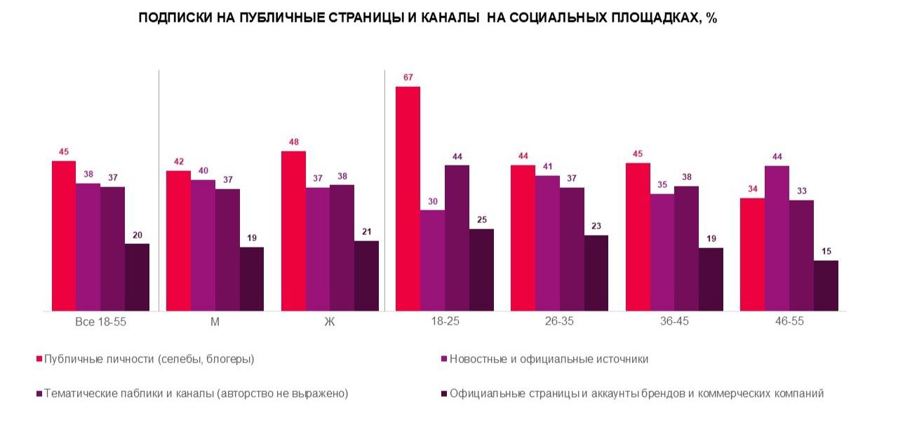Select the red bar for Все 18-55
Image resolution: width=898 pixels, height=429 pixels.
(64, 236)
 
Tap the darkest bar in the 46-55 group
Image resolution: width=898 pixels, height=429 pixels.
(826, 285)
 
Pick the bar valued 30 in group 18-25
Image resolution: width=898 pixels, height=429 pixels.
(432, 260)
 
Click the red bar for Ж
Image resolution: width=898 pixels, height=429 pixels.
(293, 231)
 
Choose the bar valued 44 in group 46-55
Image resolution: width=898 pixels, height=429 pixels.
(777, 238)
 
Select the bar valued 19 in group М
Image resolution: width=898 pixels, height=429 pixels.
(252, 278)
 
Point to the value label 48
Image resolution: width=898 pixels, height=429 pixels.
(293, 142)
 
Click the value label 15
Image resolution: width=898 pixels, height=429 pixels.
(826, 251)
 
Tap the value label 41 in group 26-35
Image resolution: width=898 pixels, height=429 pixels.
(547, 166)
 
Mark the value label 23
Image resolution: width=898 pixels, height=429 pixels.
(596, 226)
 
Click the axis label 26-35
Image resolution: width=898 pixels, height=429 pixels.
(559, 322)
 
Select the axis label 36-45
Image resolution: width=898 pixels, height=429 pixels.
(674, 322)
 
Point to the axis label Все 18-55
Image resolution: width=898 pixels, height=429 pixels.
(100, 322)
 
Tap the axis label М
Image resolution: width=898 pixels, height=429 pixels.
(215, 322)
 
